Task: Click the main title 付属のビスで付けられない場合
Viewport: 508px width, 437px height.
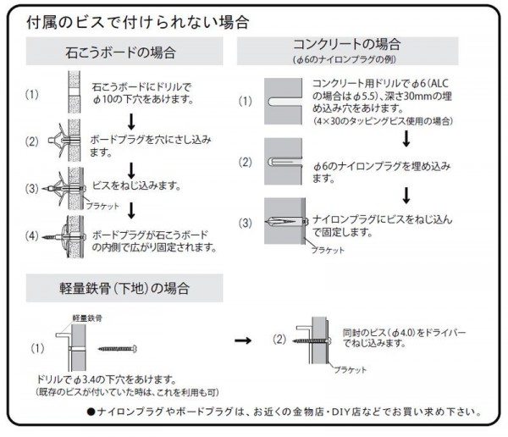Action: click(x=138, y=23)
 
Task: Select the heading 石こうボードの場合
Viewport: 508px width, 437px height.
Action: click(x=120, y=53)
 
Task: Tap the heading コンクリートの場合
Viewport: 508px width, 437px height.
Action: click(x=347, y=44)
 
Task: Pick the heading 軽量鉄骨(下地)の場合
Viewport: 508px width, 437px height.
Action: click(x=124, y=288)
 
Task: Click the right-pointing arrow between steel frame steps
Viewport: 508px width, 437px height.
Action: click(x=243, y=340)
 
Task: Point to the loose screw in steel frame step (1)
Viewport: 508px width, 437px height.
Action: click(x=118, y=349)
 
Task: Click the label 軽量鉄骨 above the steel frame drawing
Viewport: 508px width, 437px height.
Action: click(x=87, y=318)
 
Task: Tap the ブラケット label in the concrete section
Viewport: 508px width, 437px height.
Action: click(x=328, y=251)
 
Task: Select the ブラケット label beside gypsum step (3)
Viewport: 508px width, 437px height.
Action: click(x=102, y=206)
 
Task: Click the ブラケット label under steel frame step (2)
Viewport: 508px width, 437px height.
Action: click(x=351, y=370)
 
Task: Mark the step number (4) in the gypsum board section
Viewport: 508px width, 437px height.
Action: click(x=32, y=235)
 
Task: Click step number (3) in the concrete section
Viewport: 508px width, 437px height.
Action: click(x=245, y=223)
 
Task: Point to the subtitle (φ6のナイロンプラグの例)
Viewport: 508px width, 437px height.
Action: click(x=345, y=59)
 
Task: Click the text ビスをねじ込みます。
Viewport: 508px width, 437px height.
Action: click(x=136, y=185)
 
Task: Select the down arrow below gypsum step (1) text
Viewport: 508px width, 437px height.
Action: click(x=131, y=122)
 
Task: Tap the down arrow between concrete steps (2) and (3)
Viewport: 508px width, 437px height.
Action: click(x=406, y=196)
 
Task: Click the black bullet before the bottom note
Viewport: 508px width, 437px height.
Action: click(x=91, y=412)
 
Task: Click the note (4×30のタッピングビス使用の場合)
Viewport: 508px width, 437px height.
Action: click(x=383, y=121)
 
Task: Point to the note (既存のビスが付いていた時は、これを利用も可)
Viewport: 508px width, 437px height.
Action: click(x=127, y=392)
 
